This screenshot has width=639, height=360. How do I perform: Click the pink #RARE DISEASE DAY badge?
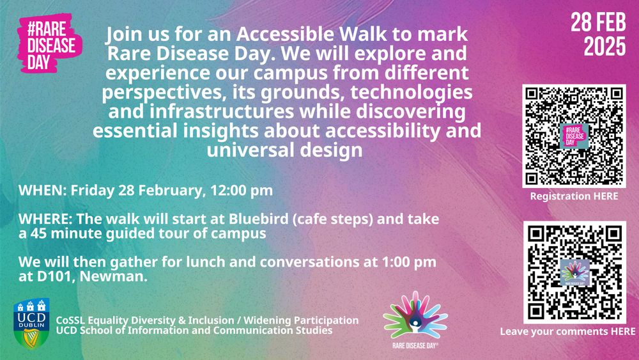click(x=49, y=44)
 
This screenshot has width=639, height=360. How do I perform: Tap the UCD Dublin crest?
click(x=31, y=324)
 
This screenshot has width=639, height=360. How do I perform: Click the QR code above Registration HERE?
click(x=574, y=136)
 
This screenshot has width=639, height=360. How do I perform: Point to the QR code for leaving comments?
click(x=574, y=272)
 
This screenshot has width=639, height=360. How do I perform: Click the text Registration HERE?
click(x=574, y=196)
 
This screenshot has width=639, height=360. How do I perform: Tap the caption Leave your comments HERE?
click(x=567, y=331)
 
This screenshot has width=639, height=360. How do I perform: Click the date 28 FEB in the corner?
click(x=598, y=22)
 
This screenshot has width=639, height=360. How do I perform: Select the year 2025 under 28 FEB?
click(x=604, y=46)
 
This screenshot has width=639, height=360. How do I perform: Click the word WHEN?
click(x=42, y=191)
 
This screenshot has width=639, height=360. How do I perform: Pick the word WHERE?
click(x=45, y=219)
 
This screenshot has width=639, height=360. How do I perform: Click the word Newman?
click(x=114, y=276)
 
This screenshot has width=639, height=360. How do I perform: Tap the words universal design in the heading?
click(x=284, y=150)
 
